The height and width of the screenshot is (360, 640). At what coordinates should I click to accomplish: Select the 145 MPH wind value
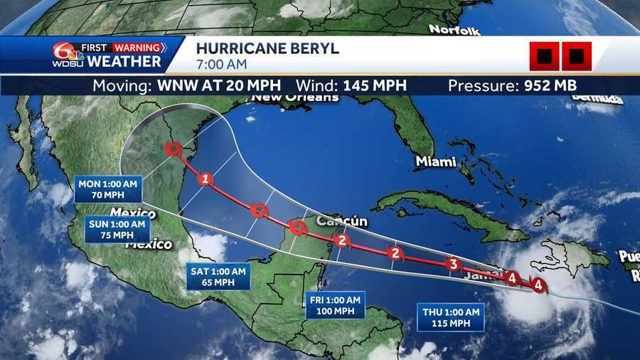375,86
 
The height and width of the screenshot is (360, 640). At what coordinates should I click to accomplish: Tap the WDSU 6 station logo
62,54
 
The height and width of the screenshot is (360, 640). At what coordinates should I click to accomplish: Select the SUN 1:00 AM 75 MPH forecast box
117,229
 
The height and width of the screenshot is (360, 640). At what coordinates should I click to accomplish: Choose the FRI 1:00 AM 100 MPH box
334,305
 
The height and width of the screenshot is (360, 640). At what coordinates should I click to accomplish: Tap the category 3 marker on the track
452,265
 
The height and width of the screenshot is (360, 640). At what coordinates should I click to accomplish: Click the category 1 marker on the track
206,179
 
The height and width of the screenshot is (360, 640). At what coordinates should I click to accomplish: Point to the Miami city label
435,162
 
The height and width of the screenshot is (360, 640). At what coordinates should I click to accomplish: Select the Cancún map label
341,221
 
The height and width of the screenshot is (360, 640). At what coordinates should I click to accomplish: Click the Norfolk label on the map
454,30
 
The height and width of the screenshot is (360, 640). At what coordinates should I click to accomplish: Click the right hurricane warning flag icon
577,56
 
